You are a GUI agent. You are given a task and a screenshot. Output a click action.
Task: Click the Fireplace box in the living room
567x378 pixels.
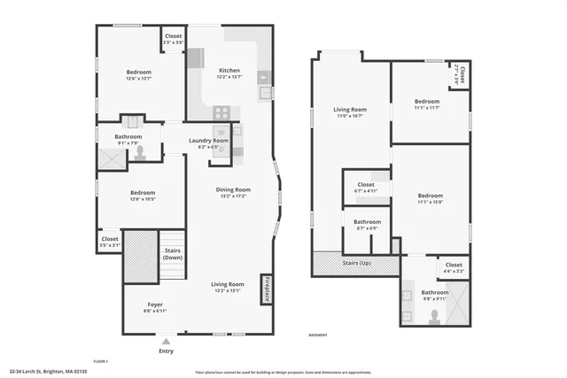pos(266,289)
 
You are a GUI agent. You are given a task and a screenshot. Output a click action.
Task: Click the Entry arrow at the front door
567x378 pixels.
pos(166,338)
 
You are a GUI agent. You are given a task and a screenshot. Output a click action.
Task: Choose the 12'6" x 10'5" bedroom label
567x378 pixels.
pos(143,196)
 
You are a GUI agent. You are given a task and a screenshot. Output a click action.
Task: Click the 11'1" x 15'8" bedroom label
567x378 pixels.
pos(430,197)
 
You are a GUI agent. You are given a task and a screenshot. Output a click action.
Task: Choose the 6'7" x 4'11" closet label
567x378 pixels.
pos(366,187)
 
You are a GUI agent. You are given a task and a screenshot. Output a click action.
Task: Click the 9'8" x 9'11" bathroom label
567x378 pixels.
pos(434,295)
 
